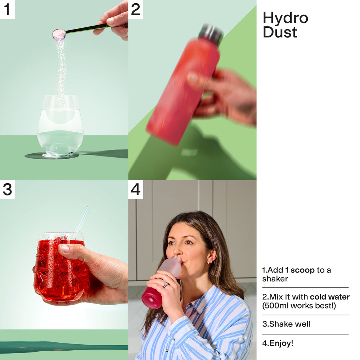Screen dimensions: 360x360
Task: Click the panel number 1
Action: (x=7, y=9)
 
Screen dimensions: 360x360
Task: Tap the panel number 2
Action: (x=135, y=9)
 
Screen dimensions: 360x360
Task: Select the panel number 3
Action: (x=7, y=189)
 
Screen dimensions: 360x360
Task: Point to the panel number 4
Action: (x=135, y=189)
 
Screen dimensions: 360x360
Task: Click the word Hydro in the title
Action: (x=285, y=18)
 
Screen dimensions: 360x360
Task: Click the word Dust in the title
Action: (x=280, y=32)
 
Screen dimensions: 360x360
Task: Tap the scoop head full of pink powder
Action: (x=59, y=34)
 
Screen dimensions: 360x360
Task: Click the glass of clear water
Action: (x=60, y=126)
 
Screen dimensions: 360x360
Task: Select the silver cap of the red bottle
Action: (x=211, y=33)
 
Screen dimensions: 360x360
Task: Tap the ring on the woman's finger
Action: (x=166, y=285)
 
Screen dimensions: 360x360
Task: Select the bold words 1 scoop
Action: (x=300, y=270)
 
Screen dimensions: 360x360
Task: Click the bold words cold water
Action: (x=330, y=297)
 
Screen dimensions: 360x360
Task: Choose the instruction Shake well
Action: (x=290, y=324)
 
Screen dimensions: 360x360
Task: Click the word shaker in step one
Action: (x=275, y=279)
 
